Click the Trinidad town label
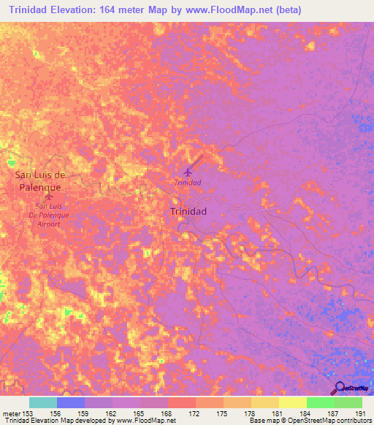point(188,211)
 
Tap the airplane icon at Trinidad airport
point(188,172)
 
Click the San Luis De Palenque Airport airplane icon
point(49,196)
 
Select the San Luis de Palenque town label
point(42,181)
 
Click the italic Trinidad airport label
point(188,183)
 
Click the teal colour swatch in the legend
point(42,402)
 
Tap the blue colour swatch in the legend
point(71,402)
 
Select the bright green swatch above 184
point(320,402)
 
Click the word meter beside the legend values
point(11,413)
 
